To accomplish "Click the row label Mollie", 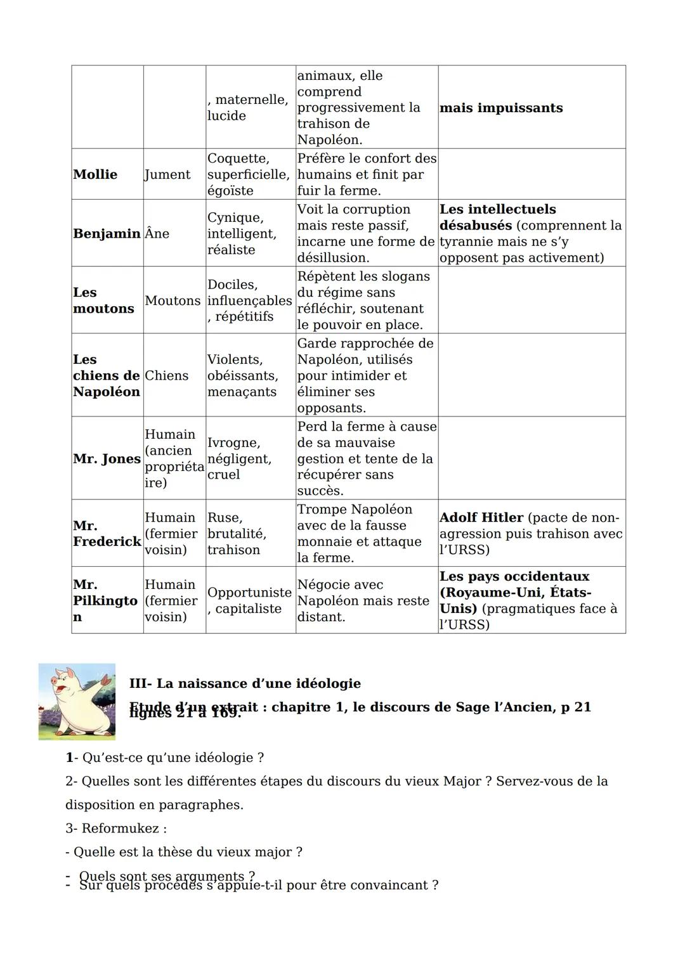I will [x=95, y=174].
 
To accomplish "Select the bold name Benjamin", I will [x=106, y=233].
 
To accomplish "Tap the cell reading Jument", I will [x=167, y=174].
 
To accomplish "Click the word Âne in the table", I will [x=157, y=233].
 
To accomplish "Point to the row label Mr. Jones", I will [x=106, y=458].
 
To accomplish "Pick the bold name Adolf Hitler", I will [x=481, y=517].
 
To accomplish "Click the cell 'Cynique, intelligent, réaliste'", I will [x=242, y=233].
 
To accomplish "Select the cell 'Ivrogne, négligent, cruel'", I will [x=239, y=458].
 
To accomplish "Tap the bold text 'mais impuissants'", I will [x=501, y=108].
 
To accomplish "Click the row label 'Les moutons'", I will [x=103, y=300].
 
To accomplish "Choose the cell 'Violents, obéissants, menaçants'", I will [x=242, y=375].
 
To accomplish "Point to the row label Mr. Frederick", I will [x=106, y=534].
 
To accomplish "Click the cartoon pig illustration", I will [x=77, y=701].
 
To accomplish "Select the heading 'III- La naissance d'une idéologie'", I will [x=245, y=683].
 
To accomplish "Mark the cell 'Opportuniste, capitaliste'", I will [x=249, y=600].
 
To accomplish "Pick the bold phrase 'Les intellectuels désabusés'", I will [x=497, y=217].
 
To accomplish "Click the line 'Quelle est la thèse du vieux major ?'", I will [x=188, y=852].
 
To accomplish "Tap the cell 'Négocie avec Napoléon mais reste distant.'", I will [x=363, y=600].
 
